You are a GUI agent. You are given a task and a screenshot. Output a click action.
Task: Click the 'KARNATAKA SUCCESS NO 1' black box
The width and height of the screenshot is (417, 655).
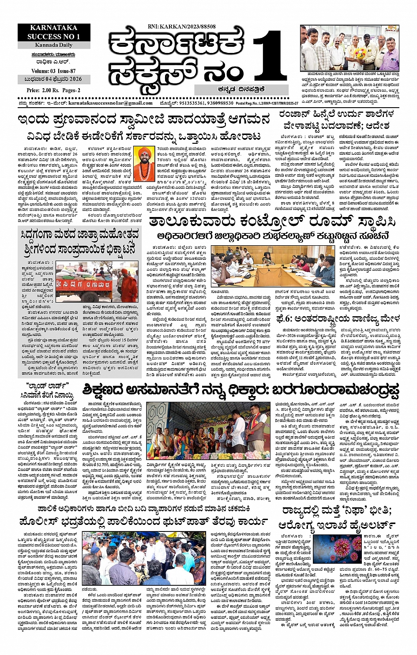click(53, 33)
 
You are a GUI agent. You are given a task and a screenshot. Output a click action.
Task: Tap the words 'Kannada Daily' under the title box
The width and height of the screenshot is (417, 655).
click(53, 45)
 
